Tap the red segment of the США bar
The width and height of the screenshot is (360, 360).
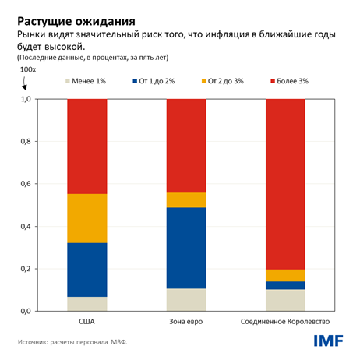(86, 146)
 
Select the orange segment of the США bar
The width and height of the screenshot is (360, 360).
(86, 218)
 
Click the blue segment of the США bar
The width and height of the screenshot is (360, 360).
(86, 270)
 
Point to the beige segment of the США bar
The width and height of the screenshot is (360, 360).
(86, 304)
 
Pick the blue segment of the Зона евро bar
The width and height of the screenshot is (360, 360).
(186, 248)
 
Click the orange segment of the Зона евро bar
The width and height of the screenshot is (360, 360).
(186, 200)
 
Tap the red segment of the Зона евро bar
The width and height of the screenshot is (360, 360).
(186, 146)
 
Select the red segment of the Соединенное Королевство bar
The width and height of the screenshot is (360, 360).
(285, 184)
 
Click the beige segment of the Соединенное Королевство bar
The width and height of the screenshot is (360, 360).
(285, 300)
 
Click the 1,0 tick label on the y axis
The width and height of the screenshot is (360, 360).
(25, 100)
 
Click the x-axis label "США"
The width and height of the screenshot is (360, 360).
(86, 322)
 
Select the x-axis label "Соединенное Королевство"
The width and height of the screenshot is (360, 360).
(285, 322)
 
